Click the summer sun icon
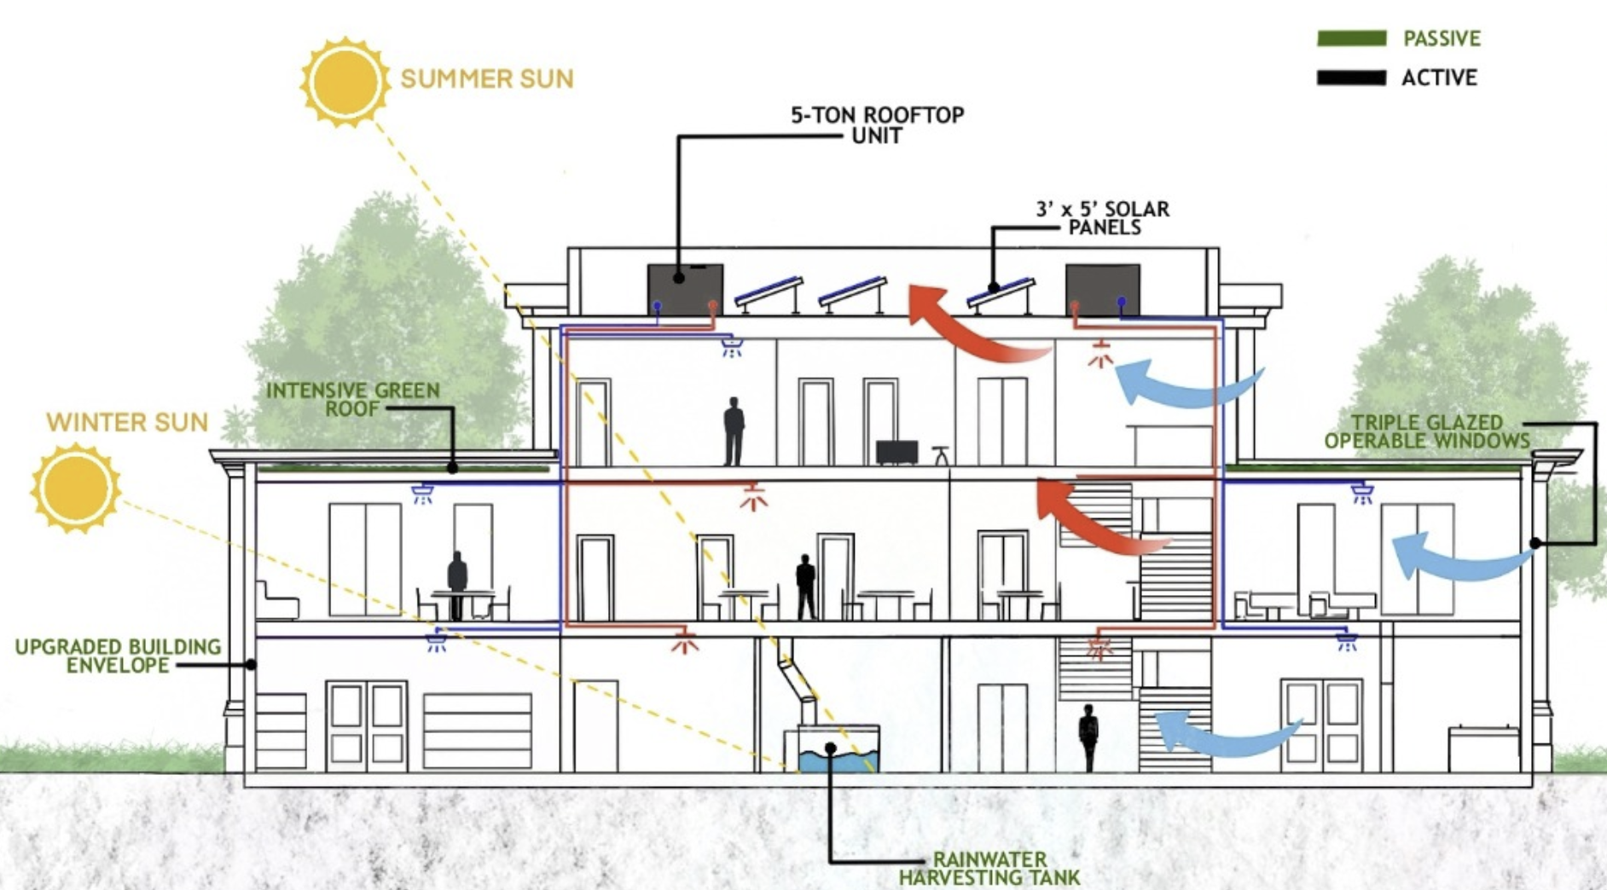(x=345, y=82)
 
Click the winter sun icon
(x=75, y=488)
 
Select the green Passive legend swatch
(x=1351, y=38)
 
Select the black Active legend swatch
(x=1351, y=78)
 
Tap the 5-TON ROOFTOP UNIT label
(x=877, y=124)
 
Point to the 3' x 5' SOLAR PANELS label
(x=1103, y=217)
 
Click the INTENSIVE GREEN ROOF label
(x=353, y=399)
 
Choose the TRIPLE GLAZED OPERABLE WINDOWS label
(x=1427, y=431)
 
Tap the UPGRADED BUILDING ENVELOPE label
(x=118, y=656)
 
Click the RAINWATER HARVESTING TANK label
(x=989, y=869)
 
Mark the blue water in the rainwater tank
(x=837, y=760)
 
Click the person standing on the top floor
(x=734, y=431)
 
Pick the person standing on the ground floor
(x=1088, y=737)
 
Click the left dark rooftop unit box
(x=685, y=290)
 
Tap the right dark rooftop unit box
(x=1102, y=291)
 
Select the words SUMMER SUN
(x=487, y=79)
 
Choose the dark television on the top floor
(x=896, y=451)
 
